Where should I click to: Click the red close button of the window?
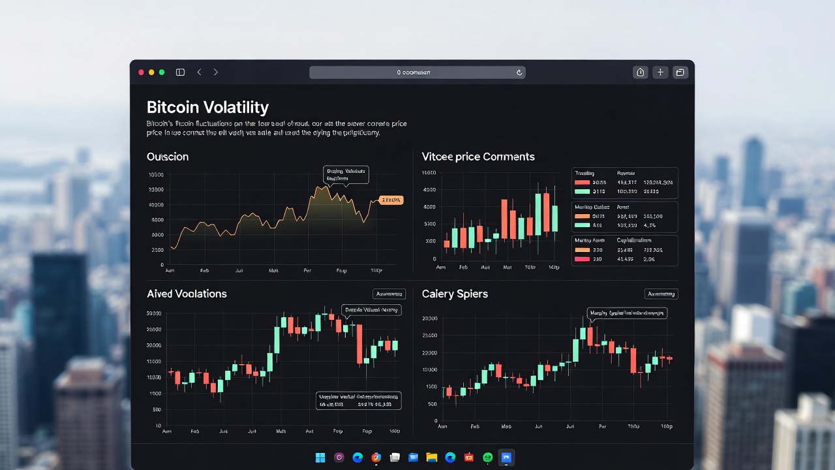[141, 72]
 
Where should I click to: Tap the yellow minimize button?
[151, 72]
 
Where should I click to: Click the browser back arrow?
[199, 72]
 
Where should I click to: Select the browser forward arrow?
[216, 72]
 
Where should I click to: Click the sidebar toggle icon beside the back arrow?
[180, 72]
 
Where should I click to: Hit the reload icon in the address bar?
[519, 72]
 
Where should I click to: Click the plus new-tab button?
[660, 72]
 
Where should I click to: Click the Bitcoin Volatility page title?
[207, 108]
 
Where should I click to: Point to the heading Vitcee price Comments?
[478, 157]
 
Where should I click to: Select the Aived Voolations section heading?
[187, 294]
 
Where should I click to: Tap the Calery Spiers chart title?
[455, 294]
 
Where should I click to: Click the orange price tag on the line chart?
[391, 200]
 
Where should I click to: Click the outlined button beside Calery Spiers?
[661, 294]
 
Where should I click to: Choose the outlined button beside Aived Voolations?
[389, 294]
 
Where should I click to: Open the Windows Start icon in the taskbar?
[320, 458]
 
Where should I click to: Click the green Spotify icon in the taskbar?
[488, 458]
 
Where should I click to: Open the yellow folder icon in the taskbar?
[431, 458]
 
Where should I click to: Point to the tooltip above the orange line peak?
[346, 174]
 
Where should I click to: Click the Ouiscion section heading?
[168, 157]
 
